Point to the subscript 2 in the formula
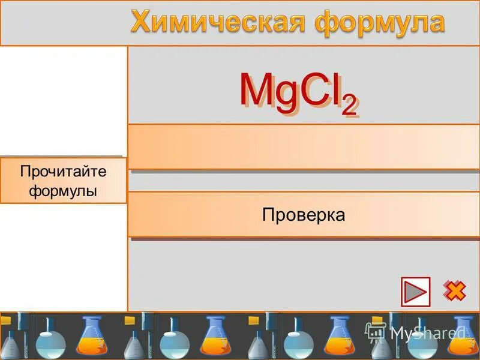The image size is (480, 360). click(349, 106)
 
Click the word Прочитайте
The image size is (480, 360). click(63, 172)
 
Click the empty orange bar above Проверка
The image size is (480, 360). click(304, 147)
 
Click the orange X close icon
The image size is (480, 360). click(454, 291)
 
